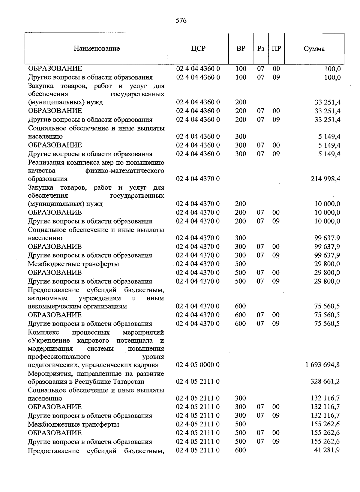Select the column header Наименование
tap(97, 49)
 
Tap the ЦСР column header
tap(198, 49)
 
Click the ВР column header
tap(241, 49)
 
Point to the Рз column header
tap(261, 49)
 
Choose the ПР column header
tap(276, 49)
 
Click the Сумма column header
tap(314, 49)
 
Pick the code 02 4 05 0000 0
tap(198, 365)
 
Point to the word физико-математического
tap(124, 171)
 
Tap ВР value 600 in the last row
tap(241, 450)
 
